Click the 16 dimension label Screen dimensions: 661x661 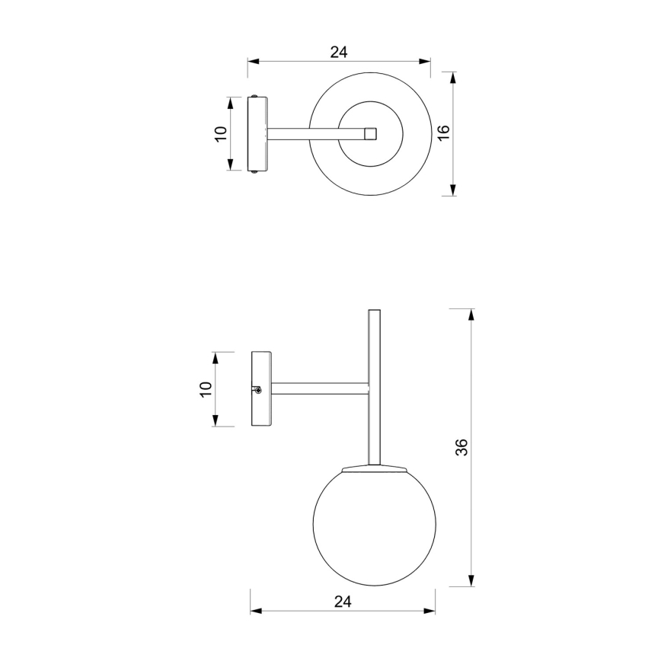(x=445, y=133)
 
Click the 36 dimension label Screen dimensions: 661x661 (x=461, y=447)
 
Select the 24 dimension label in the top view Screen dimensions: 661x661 (x=339, y=52)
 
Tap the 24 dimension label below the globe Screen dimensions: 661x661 (x=342, y=602)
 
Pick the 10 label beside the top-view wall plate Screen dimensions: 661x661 (x=221, y=133)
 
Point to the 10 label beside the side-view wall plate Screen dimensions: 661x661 (x=205, y=388)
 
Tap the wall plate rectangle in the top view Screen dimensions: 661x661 (x=257, y=133)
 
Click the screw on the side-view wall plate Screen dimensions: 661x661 (x=258, y=390)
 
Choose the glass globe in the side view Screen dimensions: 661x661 (x=373, y=526)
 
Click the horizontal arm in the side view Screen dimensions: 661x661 (x=320, y=388)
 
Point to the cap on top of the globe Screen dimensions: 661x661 (x=374, y=467)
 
